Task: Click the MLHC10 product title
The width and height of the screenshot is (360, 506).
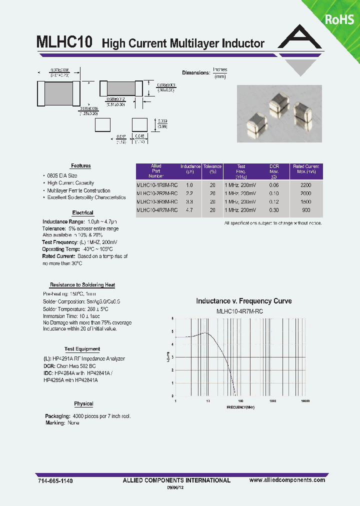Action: point(64,42)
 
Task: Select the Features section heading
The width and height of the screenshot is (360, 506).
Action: point(81,166)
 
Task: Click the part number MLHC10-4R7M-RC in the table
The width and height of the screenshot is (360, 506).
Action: point(157,210)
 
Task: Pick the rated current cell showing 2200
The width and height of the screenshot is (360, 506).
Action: point(305,185)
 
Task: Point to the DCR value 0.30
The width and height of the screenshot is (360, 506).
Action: point(274,210)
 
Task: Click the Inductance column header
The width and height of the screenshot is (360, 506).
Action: point(190,169)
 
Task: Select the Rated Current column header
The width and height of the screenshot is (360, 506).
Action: point(305,169)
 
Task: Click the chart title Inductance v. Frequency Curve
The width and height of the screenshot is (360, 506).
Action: point(243,301)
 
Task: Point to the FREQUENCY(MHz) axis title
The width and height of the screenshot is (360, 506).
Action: point(240,407)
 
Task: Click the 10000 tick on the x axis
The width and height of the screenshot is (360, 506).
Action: point(305,401)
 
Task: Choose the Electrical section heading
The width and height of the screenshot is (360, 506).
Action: point(82,213)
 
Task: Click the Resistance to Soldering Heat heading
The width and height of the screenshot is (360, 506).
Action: point(82,285)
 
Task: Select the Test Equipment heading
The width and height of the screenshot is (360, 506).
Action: point(82,349)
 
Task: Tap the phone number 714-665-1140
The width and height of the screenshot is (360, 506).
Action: point(55,480)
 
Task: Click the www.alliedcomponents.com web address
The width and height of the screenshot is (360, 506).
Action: point(287,480)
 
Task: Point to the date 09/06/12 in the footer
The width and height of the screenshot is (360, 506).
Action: point(178,488)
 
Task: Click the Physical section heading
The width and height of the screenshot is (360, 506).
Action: point(83,404)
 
